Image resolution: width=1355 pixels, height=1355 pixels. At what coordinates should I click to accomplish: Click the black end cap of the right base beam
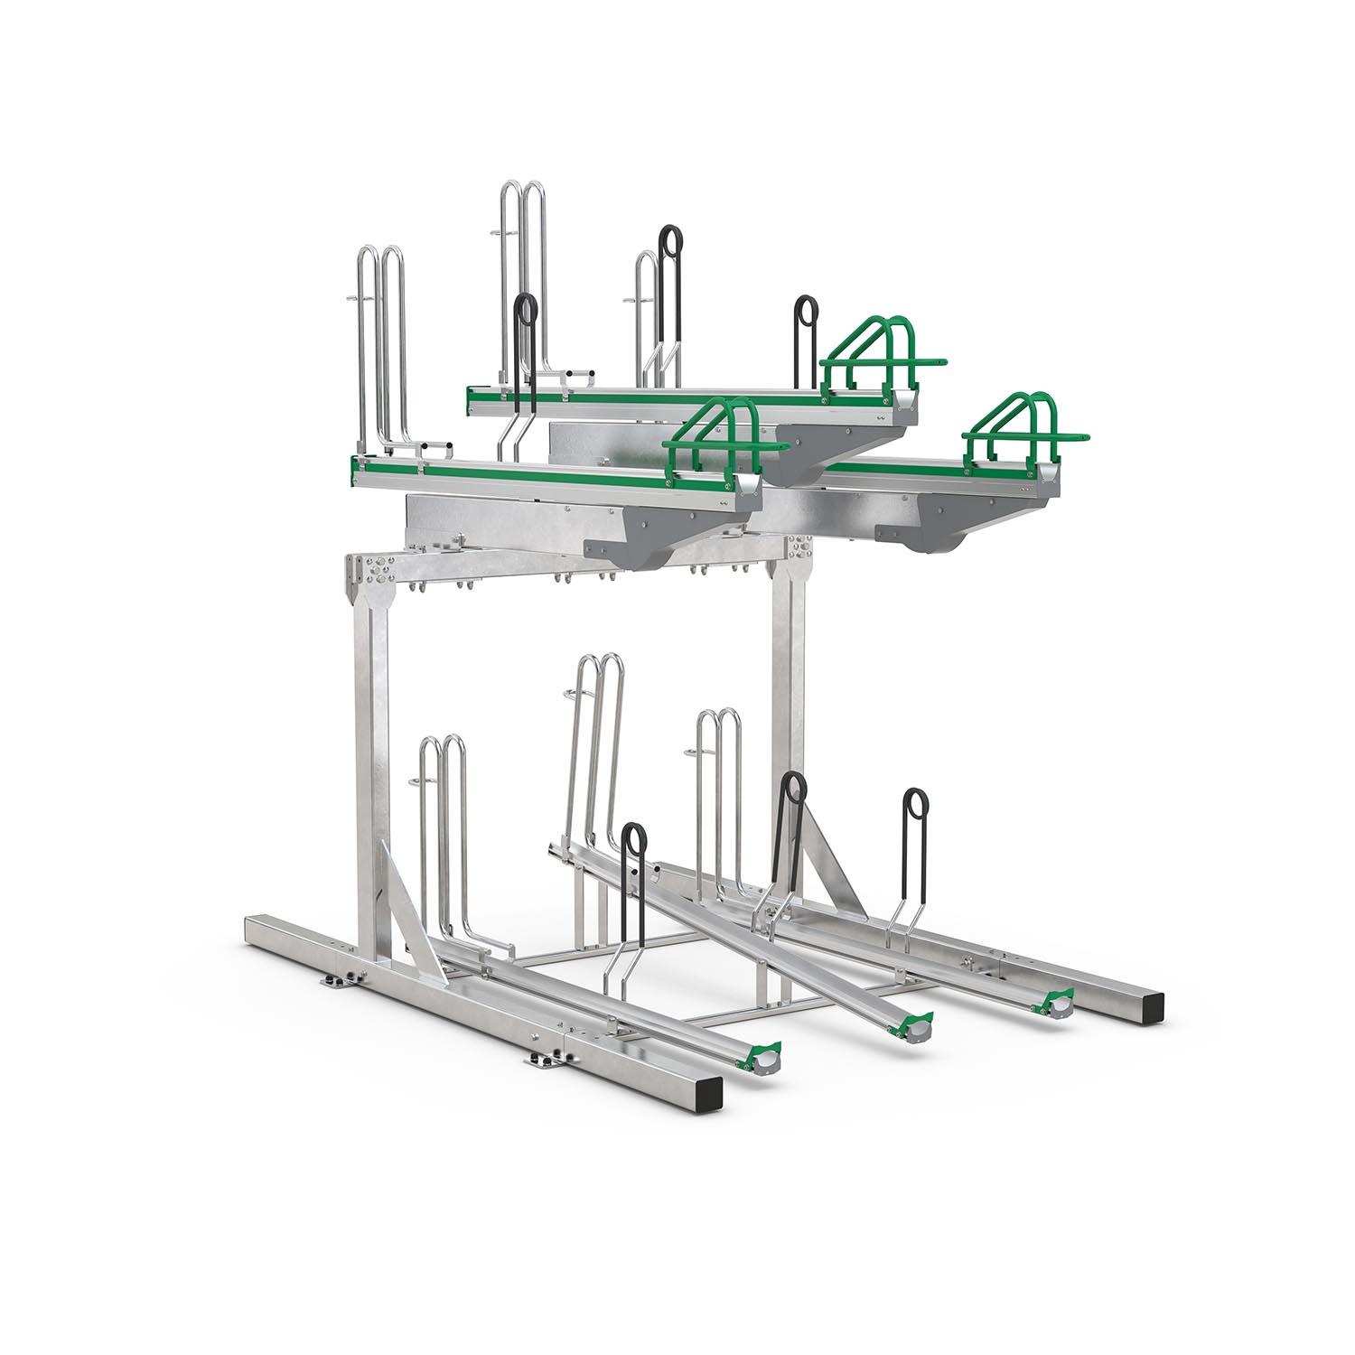click(1153, 1004)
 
